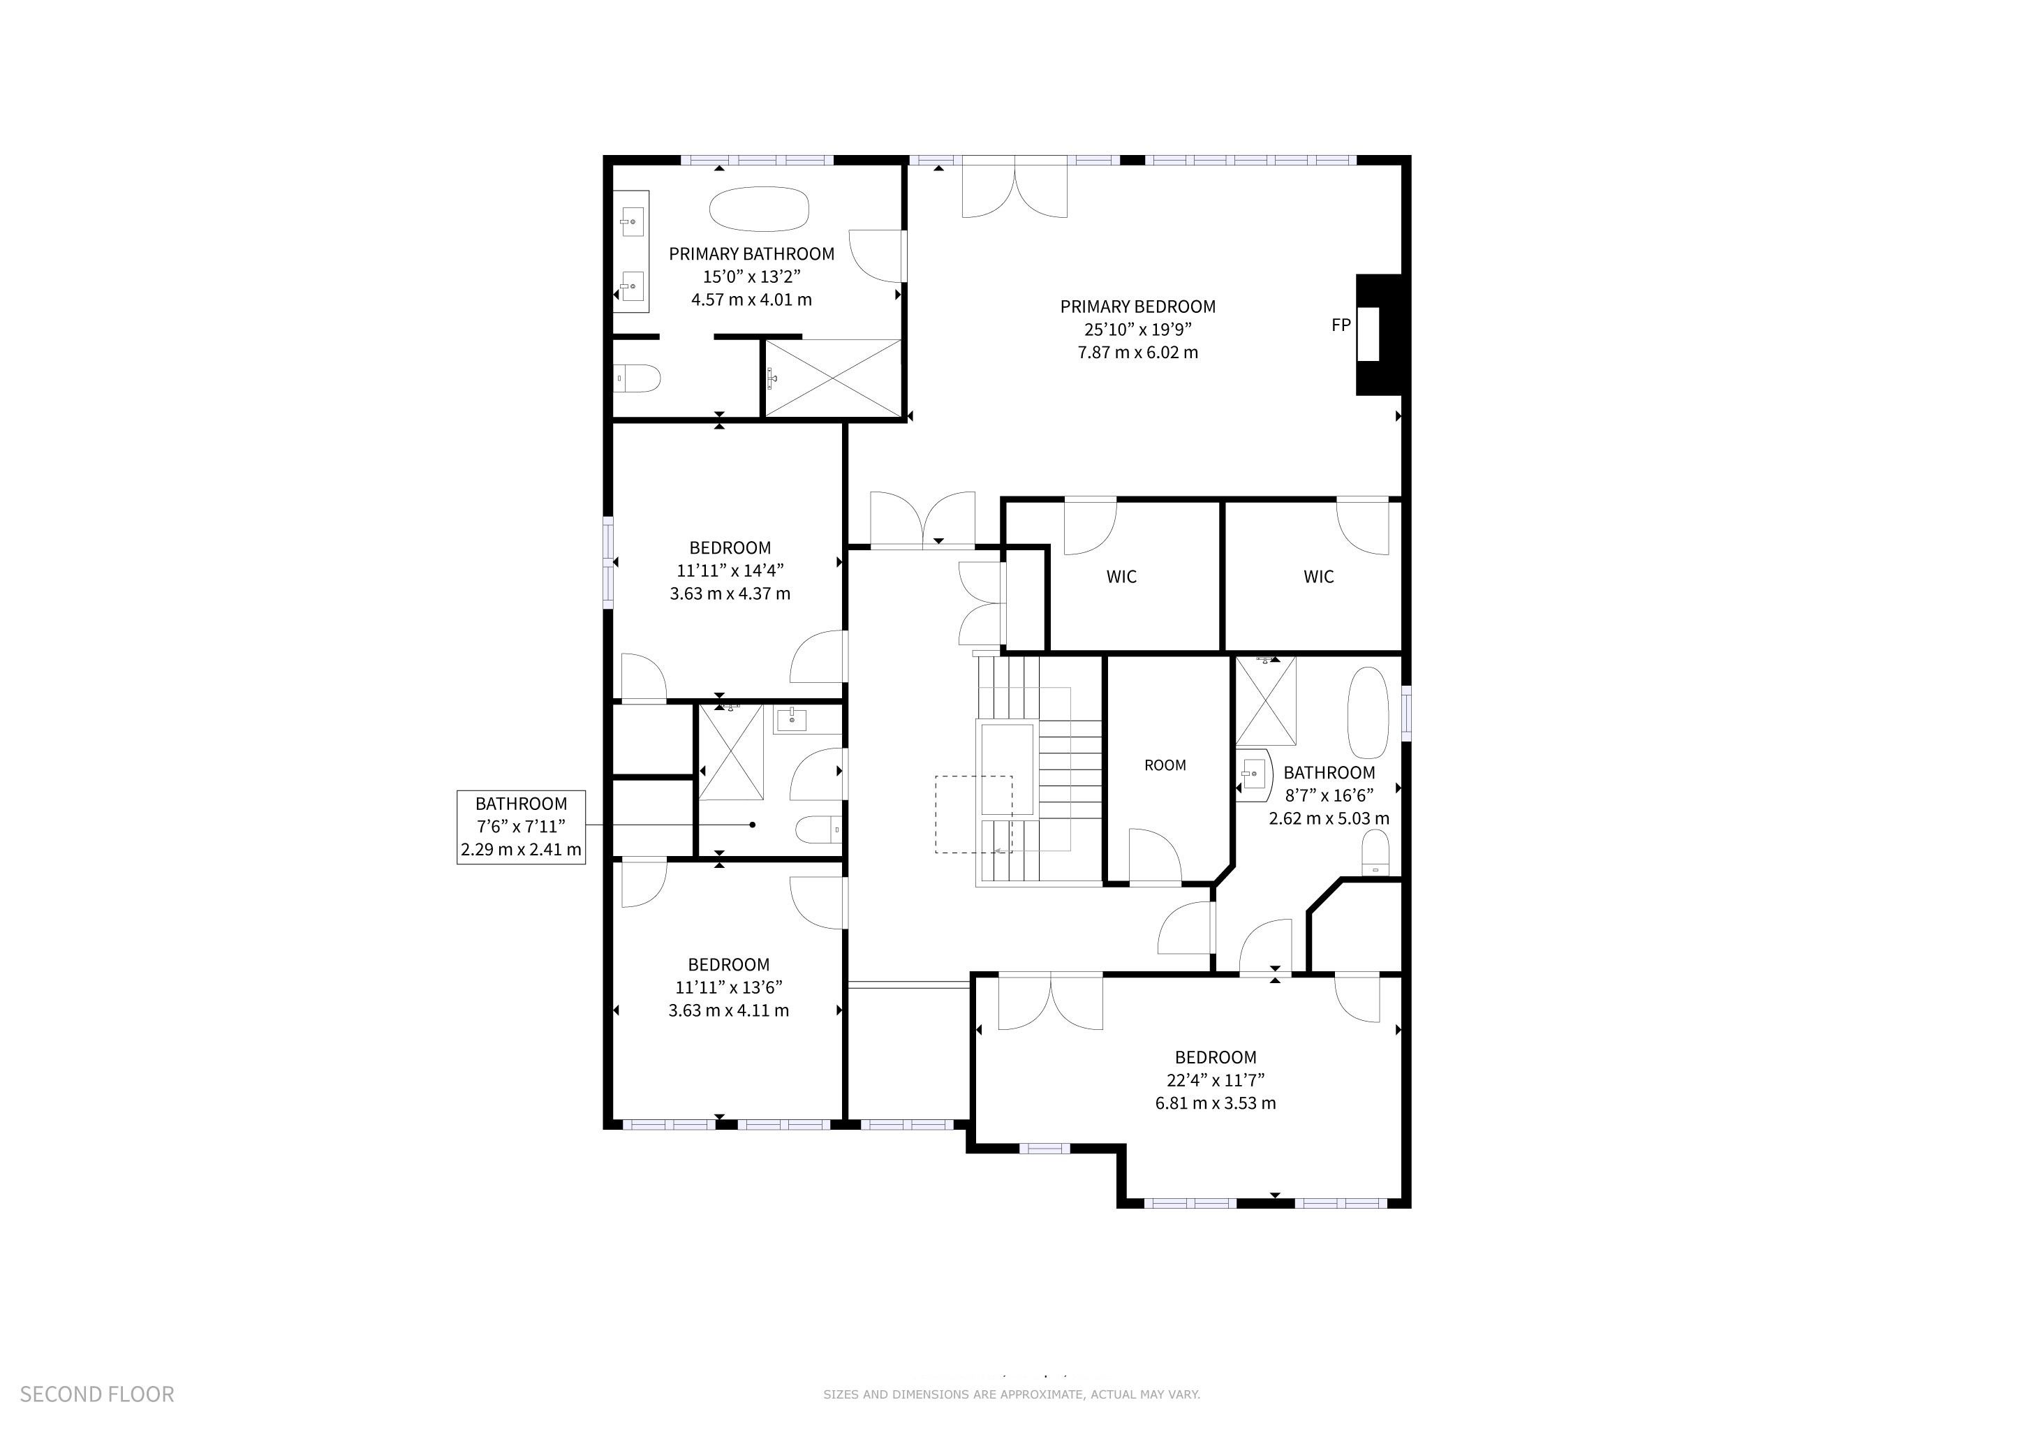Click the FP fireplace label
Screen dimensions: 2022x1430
coord(1341,325)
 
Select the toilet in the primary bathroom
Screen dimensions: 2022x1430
coord(636,378)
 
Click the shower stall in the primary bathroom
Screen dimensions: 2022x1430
coord(833,378)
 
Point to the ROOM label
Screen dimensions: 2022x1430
coord(1165,765)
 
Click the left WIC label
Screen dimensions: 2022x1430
coord(1121,577)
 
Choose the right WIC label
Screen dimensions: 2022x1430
coord(1318,577)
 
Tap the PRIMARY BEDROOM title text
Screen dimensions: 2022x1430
coord(1138,307)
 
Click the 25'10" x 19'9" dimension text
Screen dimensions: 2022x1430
coord(1138,330)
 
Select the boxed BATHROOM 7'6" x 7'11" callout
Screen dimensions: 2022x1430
coord(522,827)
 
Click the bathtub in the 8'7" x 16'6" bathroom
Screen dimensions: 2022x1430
coord(1367,712)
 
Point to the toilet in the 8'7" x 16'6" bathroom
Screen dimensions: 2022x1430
coord(1375,854)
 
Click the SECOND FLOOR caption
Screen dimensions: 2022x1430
coord(97,1394)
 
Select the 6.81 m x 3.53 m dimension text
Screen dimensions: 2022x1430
coord(1216,1103)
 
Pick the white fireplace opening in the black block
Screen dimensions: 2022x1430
coord(1368,334)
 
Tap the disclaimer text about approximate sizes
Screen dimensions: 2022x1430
coord(1012,1394)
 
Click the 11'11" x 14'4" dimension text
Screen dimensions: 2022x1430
coord(730,570)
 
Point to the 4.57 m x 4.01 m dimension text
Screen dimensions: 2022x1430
coord(751,300)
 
